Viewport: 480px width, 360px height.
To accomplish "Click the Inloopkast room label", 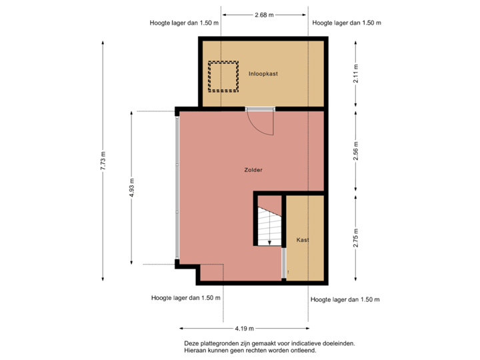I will tap(263, 74).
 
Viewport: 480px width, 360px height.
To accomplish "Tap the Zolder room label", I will tap(253, 170).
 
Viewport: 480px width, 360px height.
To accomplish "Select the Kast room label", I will tap(303, 240).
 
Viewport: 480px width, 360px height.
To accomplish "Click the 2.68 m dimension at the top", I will tap(265, 14).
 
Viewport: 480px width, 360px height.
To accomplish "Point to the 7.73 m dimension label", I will tap(102, 161).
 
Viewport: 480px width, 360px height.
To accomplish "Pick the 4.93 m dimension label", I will tap(131, 187).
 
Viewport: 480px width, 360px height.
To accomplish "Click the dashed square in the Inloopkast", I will tap(223, 76).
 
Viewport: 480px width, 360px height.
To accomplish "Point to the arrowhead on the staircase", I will tap(269, 243).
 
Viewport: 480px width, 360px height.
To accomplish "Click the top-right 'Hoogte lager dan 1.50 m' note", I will tap(346, 23).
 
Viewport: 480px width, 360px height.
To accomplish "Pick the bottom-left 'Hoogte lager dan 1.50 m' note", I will tap(186, 298).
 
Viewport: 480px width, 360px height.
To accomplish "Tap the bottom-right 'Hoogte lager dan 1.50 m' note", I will tap(345, 300).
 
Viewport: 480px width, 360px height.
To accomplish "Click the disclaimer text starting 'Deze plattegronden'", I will tap(269, 347).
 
